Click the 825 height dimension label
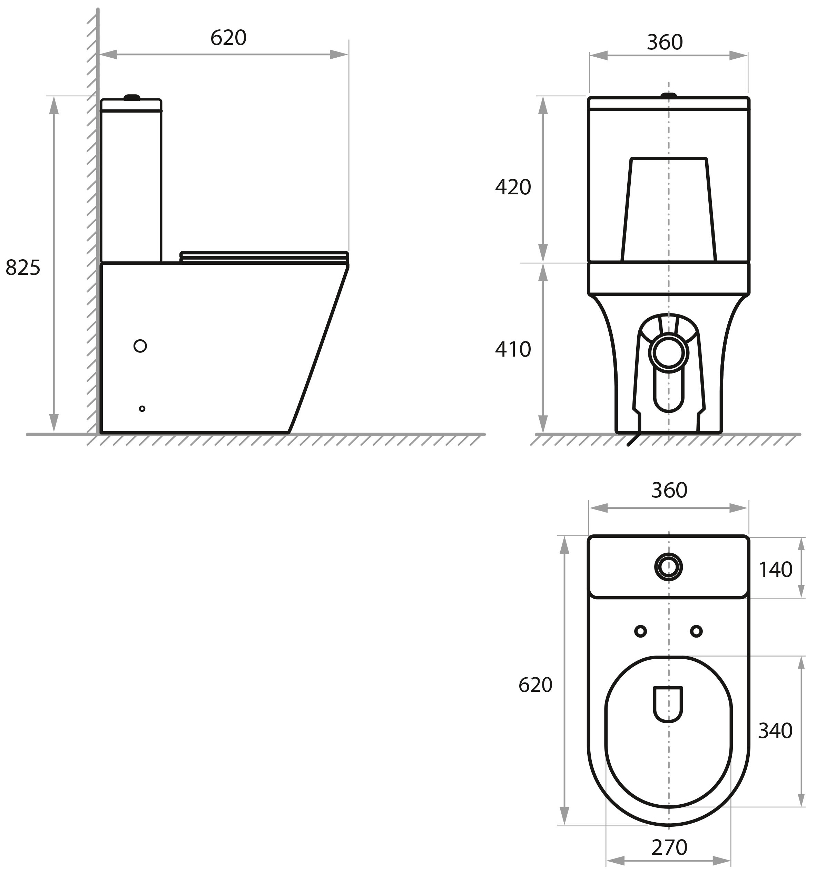(x=23, y=268)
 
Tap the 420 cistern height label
(x=513, y=187)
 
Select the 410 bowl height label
(x=513, y=350)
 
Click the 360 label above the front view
(x=665, y=42)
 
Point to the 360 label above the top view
(x=669, y=490)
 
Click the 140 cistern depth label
(x=775, y=570)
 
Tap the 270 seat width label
(x=669, y=847)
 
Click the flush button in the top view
(x=668, y=567)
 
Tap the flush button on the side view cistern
(x=132, y=97)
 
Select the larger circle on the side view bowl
(x=140, y=346)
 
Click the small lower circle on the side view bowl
(x=142, y=408)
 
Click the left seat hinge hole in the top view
(x=640, y=631)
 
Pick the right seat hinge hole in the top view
(x=696, y=631)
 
